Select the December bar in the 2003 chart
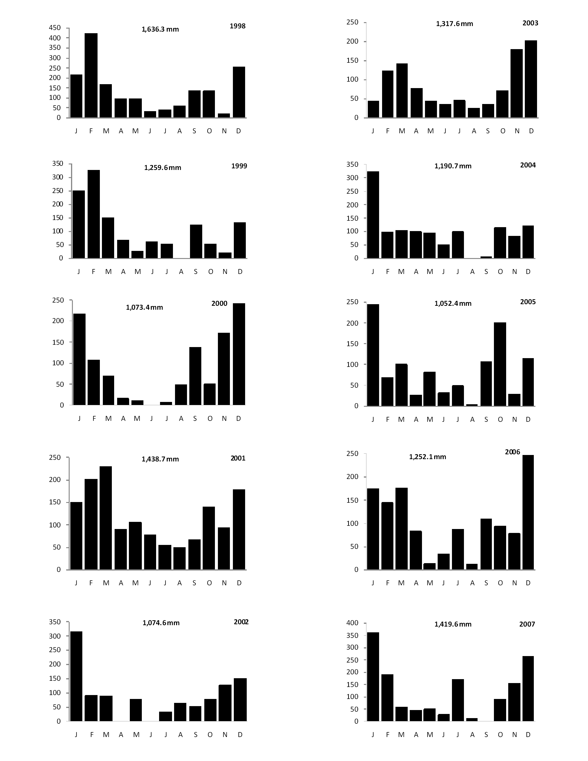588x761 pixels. pyautogui.click(x=531, y=79)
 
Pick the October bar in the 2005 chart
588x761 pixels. pyautogui.click(x=500, y=364)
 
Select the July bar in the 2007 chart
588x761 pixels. pyautogui.click(x=458, y=700)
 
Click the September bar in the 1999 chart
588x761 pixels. pyautogui.click(x=196, y=241)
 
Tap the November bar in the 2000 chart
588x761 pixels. pyautogui.click(x=224, y=369)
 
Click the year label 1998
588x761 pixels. pyautogui.click(x=238, y=26)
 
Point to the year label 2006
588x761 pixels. pyautogui.click(x=512, y=452)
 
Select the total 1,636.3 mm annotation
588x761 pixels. pyautogui.click(x=160, y=29)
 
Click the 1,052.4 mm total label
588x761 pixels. pyautogui.click(x=453, y=303)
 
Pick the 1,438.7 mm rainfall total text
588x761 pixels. pyautogui.click(x=160, y=459)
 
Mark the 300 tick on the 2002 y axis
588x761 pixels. pyautogui.click(x=55, y=636)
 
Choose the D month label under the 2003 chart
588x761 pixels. pyautogui.click(x=531, y=131)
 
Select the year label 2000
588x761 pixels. pyautogui.click(x=220, y=303)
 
